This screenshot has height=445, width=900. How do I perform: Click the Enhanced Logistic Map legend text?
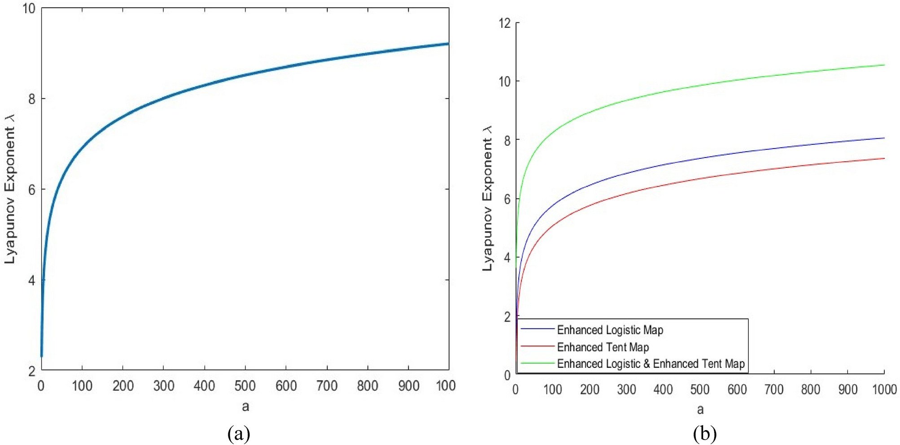pos(610,330)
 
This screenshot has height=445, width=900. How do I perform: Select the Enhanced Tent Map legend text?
pos(603,347)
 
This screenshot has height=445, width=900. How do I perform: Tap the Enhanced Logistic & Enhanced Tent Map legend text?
pos(651,364)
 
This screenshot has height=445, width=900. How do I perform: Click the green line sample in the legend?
pos(537,363)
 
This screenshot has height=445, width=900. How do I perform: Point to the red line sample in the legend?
pos(537,346)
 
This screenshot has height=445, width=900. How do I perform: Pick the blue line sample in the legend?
pos(537,329)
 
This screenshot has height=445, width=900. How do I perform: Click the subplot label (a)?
pos(239,434)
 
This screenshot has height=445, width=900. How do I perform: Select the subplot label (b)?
pos(704,434)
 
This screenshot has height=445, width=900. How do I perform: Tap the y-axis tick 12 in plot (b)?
pos(505,23)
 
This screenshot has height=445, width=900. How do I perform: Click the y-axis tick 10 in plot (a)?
pos(29,9)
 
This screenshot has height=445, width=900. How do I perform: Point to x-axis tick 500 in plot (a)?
pos(245,386)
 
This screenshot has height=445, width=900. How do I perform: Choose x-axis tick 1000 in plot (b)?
pos(884,389)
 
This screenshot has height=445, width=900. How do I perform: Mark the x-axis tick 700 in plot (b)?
pos(774,389)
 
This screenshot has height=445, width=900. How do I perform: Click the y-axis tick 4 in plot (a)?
pos(31,281)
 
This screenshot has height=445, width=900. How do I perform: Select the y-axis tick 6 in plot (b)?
pos(507,199)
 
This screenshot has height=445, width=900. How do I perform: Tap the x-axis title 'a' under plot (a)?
pos(245,406)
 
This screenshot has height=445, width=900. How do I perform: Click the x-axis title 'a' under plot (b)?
pos(700,409)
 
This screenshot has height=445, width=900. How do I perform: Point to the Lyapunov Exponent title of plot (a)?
pos(10,189)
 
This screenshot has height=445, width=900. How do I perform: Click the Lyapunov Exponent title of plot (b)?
pos(487,198)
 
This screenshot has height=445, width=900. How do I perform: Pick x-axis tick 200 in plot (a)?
pos(123,386)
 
